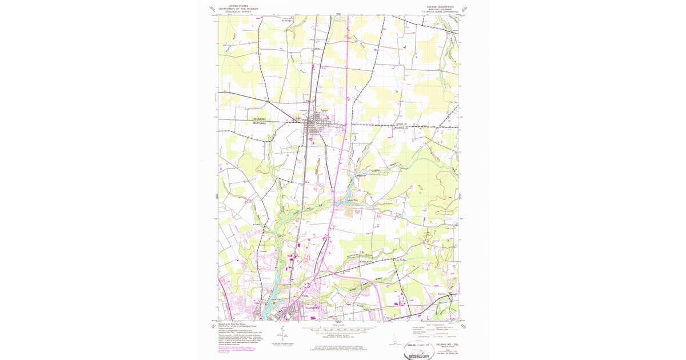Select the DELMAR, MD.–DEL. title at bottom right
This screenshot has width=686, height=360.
[x=449, y=345]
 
